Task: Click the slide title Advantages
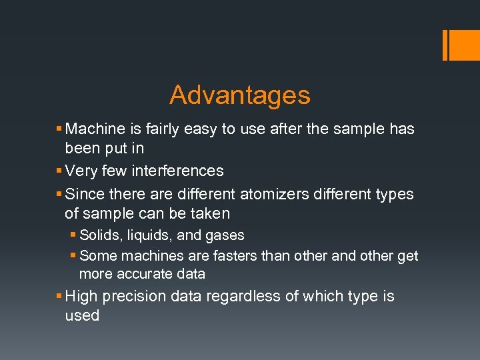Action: (x=240, y=95)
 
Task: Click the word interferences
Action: (x=177, y=171)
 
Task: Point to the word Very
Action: (x=81, y=171)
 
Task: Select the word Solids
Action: (x=98, y=235)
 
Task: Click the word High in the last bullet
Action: (x=81, y=296)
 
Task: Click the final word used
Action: (x=82, y=315)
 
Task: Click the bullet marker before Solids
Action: (x=73, y=235)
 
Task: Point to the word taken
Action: (x=209, y=214)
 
